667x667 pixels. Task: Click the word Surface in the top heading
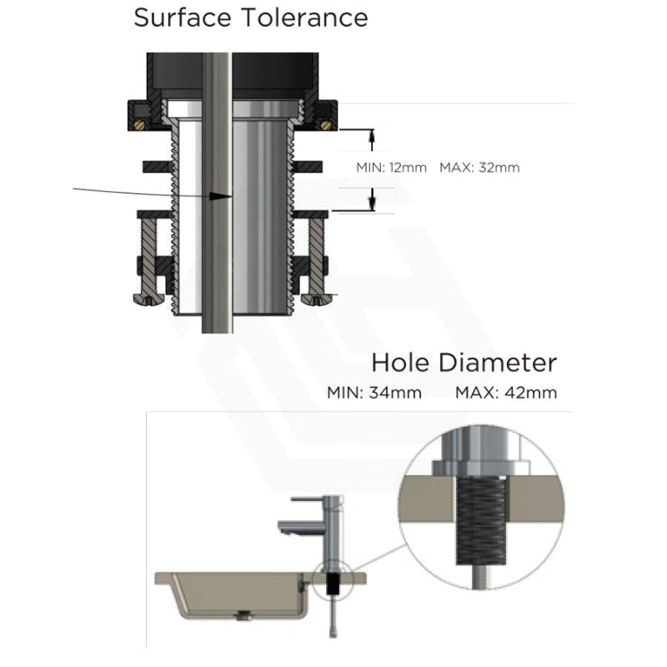[183, 18]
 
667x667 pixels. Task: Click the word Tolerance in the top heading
[305, 18]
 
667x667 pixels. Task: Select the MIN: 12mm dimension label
[391, 168]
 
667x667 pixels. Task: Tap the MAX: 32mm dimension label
[479, 168]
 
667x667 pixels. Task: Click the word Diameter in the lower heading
[497, 363]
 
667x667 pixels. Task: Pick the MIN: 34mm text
[374, 392]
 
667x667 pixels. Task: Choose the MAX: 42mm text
[506, 392]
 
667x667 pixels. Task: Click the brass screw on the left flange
[139, 124]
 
